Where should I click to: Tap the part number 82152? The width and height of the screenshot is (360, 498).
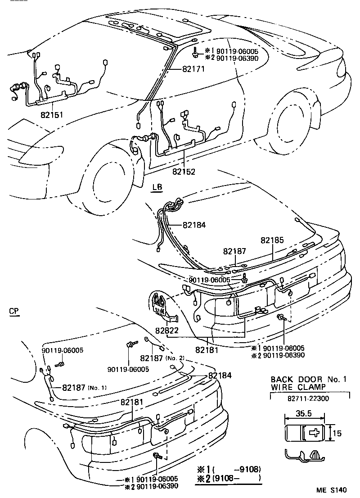tap(184, 172)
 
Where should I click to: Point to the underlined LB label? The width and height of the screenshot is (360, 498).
tap(157, 187)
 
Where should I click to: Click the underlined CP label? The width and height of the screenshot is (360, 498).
tap(15, 311)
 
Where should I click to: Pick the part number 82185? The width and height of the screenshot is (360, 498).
tap(272, 241)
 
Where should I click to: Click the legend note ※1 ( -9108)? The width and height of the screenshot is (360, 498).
tap(228, 469)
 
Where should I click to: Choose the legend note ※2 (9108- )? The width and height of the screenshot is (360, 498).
tap(228, 478)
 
